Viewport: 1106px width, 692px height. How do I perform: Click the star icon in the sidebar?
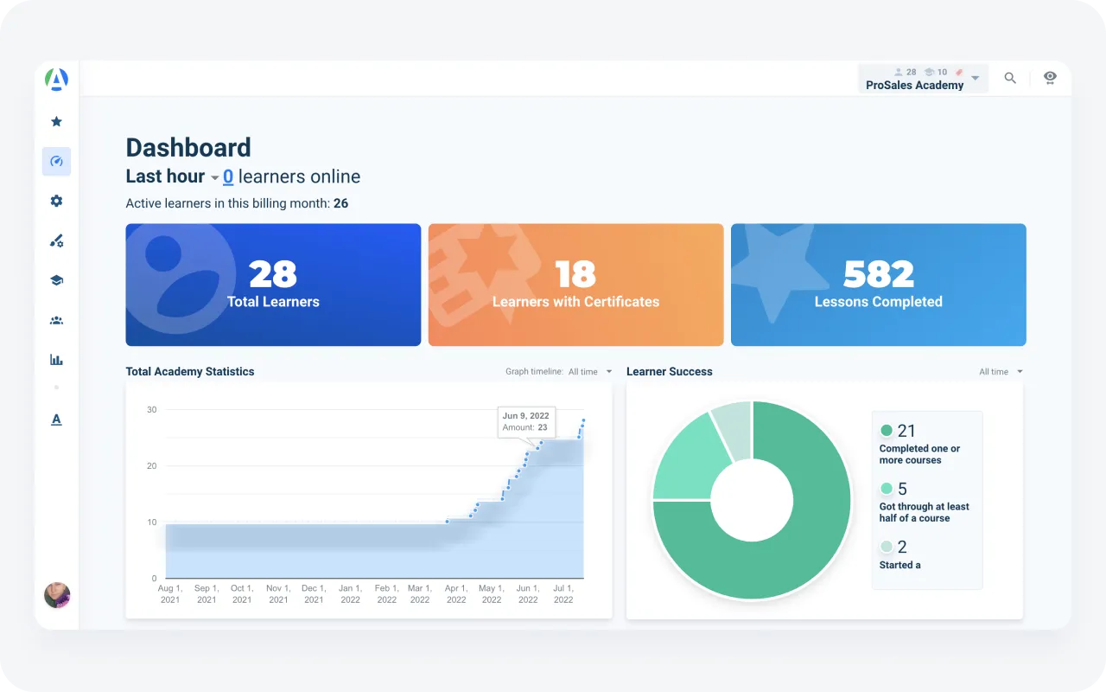56,122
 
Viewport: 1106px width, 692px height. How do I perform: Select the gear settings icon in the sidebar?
56,201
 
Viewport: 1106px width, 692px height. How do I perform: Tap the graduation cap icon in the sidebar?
56,280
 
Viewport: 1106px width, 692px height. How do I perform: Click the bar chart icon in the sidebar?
56,360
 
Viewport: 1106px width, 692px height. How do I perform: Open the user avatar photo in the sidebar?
57,595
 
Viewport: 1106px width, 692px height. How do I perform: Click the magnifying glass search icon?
1010,78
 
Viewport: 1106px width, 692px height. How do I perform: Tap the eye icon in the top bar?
1050,78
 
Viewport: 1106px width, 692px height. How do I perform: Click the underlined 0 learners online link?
228,176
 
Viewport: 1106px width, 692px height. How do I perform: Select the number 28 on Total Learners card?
273,274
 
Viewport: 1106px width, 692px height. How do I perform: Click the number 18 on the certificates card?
575,274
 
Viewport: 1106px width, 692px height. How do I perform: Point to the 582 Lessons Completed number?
878,274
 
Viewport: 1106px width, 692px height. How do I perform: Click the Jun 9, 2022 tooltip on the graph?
526,422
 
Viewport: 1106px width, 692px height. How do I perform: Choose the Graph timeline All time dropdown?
589,372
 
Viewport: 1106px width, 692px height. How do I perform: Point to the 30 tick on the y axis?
152,409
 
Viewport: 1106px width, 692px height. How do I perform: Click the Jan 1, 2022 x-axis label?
350,593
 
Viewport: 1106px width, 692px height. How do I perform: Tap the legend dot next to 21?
887,431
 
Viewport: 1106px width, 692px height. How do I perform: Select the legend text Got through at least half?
924,512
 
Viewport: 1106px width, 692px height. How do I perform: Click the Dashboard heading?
188,148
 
